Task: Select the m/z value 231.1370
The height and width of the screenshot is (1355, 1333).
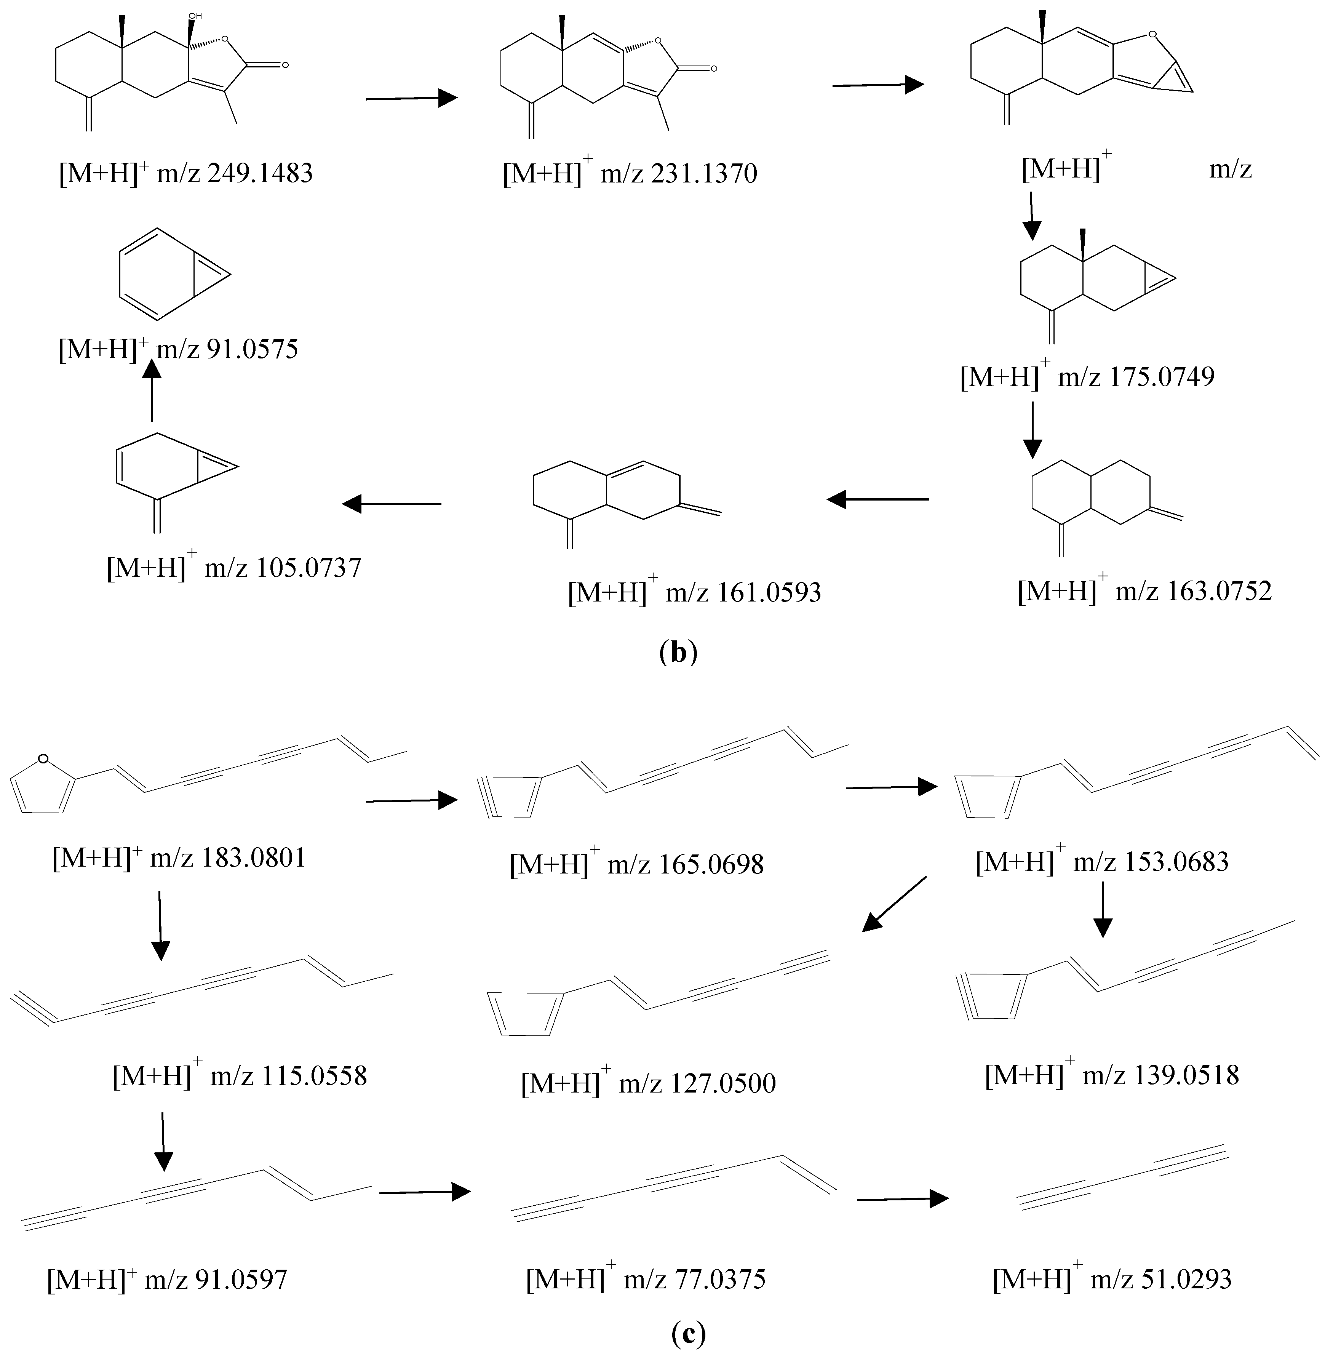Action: (703, 173)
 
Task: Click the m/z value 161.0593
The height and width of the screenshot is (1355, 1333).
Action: (768, 592)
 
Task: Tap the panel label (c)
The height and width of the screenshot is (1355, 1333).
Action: (688, 1334)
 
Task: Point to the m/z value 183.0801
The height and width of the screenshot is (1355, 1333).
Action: (253, 858)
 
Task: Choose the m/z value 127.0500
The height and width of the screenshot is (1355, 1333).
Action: (723, 1083)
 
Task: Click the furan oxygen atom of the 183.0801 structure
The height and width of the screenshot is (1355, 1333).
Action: (43, 758)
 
